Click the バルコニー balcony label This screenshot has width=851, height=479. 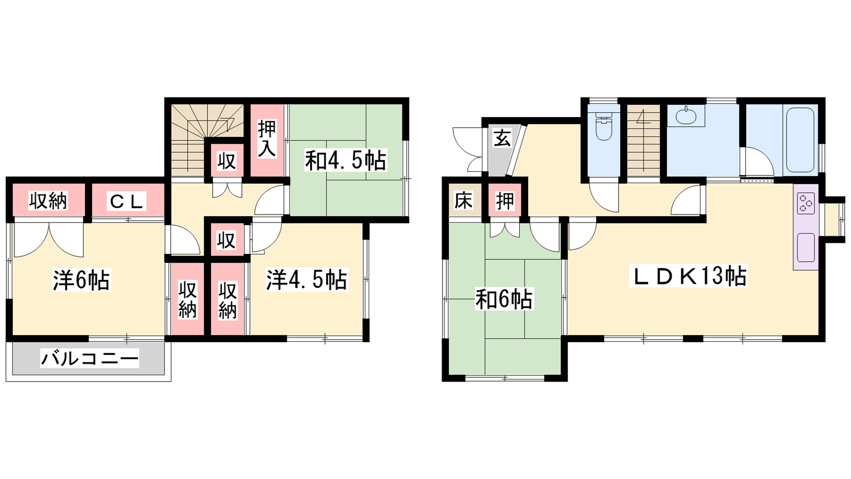tap(90, 359)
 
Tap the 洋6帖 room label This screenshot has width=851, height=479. tap(81, 280)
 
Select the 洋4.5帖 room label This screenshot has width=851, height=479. tap(306, 280)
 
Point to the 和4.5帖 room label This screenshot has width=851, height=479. tap(345, 161)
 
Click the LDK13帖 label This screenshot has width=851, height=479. tap(688, 276)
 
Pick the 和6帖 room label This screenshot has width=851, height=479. tap(504, 299)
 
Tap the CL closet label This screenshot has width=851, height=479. tap(127, 201)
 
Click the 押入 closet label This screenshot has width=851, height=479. tap(266, 139)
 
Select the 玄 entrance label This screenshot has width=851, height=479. tap(502, 138)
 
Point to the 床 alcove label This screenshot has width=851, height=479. tap(463, 200)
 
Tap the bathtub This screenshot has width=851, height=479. tap(800, 141)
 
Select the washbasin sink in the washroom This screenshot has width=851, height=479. tap(686, 115)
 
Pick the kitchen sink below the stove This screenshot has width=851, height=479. tap(806, 247)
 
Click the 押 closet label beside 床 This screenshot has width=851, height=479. tap(505, 200)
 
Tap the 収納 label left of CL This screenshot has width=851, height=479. tap(48, 201)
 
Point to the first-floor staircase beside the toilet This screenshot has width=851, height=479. tap(643, 140)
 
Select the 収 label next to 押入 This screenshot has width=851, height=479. tap(227, 160)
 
